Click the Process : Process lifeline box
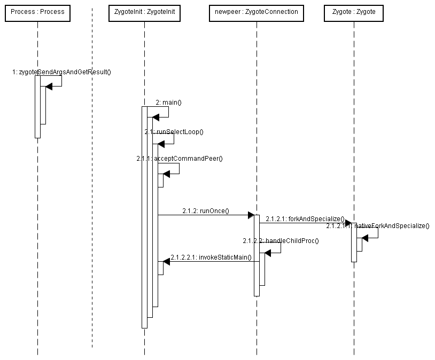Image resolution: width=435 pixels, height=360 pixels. point(37,12)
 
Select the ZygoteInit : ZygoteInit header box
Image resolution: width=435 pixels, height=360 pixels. point(144,12)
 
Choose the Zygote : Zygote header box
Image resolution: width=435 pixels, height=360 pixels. point(354,12)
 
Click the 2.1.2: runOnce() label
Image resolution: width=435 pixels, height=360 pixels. point(205,210)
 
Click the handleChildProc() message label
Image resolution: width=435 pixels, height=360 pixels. point(281,241)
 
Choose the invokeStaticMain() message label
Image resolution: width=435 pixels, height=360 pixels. point(211,257)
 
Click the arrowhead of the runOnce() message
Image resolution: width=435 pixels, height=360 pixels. point(251,215)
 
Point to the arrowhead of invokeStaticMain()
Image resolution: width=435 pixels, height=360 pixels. point(166,261)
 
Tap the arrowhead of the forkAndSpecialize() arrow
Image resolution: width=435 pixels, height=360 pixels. point(348,223)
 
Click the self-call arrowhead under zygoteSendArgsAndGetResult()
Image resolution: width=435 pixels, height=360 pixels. point(49,87)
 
